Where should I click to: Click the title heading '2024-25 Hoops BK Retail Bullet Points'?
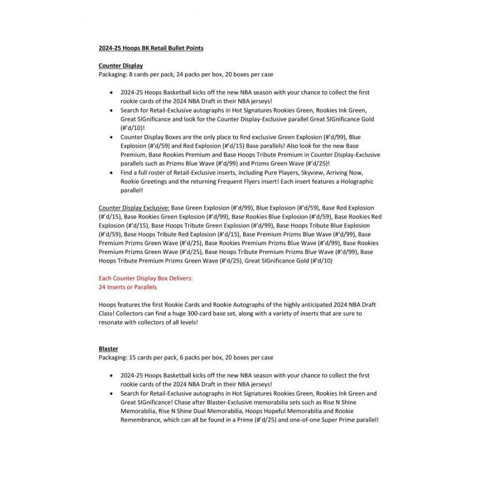pos(151,48)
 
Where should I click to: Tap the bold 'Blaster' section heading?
pos(108,348)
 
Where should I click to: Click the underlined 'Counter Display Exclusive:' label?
pos(134,207)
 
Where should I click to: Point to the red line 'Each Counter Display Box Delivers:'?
pos(146,278)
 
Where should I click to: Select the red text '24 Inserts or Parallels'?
pos(128,287)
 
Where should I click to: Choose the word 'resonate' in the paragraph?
pos(111,322)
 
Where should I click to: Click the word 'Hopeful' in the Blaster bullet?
pos(256,411)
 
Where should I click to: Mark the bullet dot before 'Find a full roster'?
pos(111,173)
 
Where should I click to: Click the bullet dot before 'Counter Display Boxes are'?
pos(111,137)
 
